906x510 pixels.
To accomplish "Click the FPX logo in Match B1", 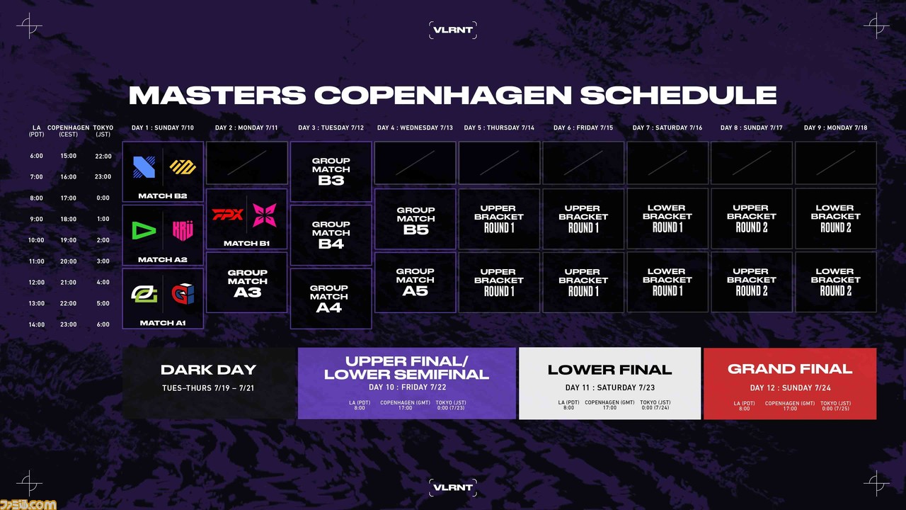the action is pyautogui.click(x=228, y=214).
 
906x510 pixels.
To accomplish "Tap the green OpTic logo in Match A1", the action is pyautogui.click(x=144, y=293).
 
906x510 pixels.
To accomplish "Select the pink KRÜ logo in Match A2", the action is pyautogui.click(x=183, y=230).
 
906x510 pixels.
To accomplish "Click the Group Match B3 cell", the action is pyautogui.click(x=331, y=171).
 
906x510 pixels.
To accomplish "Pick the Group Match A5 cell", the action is pyautogui.click(x=415, y=282).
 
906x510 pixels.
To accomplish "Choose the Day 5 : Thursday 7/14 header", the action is pyautogui.click(x=499, y=128).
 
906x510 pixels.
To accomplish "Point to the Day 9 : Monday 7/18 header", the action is pyautogui.click(x=836, y=128).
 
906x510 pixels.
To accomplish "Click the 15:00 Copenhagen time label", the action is pyautogui.click(x=69, y=156).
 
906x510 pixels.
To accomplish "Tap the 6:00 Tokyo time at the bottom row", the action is pyautogui.click(x=103, y=324).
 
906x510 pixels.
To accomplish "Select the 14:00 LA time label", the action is pyautogui.click(x=36, y=324).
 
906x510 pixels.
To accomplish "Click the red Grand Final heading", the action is pyautogui.click(x=790, y=369).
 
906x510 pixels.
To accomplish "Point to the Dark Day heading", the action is pyautogui.click(x=208, y=370).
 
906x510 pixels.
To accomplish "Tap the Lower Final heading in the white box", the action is pyautogui.click(x=609, y=370).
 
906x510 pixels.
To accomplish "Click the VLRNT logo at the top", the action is pyautogui.click(x=452, y=30).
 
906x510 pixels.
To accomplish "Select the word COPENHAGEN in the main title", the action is pyautogui.click(x=443, y=96).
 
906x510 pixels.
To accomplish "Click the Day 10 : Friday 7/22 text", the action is pyautogui.click(x=407, y=387).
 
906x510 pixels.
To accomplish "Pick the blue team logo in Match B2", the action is pyautogui.click(x=144, y=166).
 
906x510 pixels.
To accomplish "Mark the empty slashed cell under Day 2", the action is pyautogui.click(x=247, y=163).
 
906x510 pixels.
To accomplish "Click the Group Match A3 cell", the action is pyautogui.click(x=247, y=283).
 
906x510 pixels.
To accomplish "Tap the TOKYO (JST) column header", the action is pyautogui.click(x=103, y=131).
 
